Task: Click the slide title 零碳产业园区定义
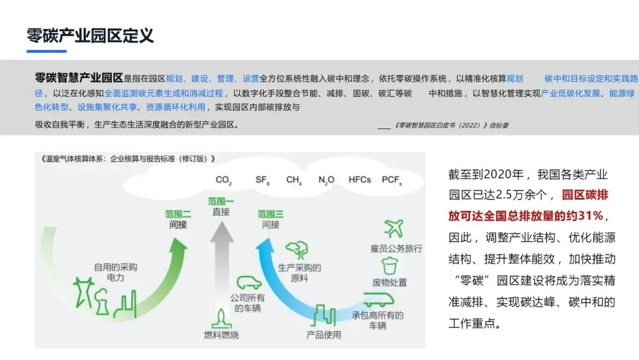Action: (x=91, y=36)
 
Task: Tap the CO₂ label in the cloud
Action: (x=223, y=179)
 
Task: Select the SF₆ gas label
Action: (x=263, y=179)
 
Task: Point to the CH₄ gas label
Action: (x=294, y=179)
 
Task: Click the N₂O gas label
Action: (x=326, y=179)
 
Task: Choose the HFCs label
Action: (x=360, y=179)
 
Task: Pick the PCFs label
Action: (x=392, y=179)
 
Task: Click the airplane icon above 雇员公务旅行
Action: (x=393, y=228)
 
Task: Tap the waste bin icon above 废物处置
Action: (x=389, y=265)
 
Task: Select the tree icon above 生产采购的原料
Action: (x=296, y=249)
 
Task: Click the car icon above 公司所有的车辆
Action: (x=249, y=282)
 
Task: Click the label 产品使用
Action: (x=324, y=335)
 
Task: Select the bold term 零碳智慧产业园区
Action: (x=79, y=78)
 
